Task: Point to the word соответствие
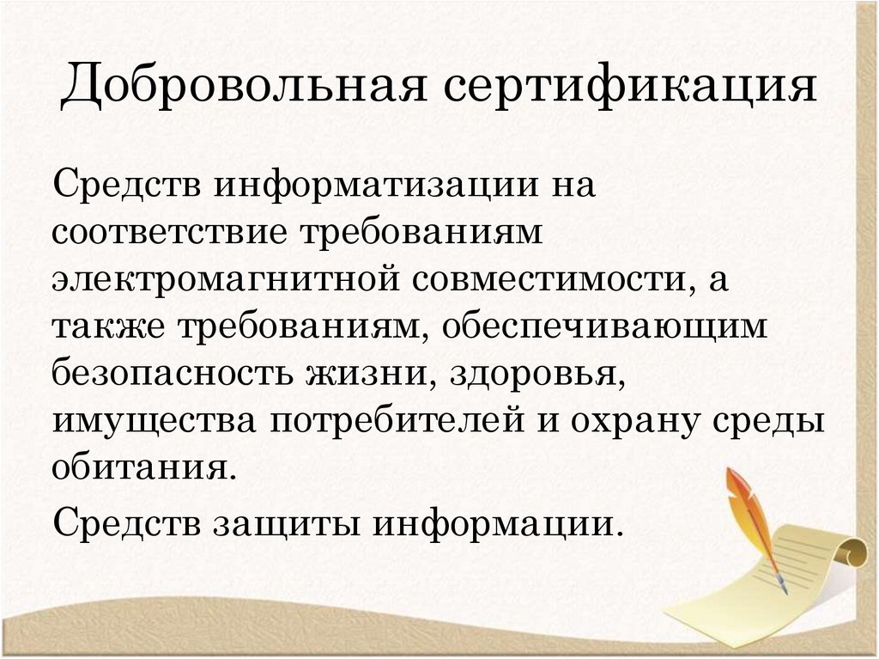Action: point(167,234)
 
